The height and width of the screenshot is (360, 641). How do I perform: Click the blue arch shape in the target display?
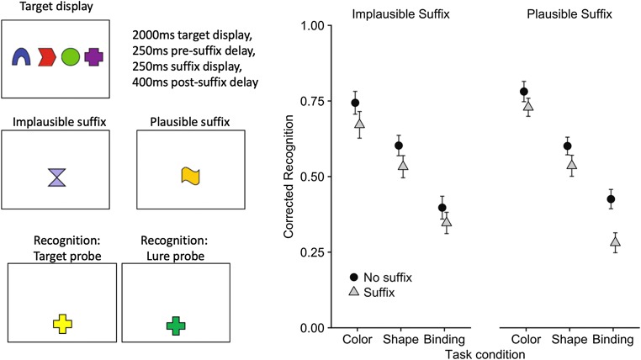coord(22,57)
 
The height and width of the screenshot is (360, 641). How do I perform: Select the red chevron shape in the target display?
coord(46,57)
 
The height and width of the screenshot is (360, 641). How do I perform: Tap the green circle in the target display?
coord(71,57)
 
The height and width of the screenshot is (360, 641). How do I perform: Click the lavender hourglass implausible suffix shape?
coord(56,176)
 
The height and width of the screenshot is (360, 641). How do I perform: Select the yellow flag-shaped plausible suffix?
coord(191,175)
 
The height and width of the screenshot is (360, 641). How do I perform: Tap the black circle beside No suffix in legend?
coord(356,276)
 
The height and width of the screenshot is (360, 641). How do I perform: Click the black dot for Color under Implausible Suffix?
coord(355,103)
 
